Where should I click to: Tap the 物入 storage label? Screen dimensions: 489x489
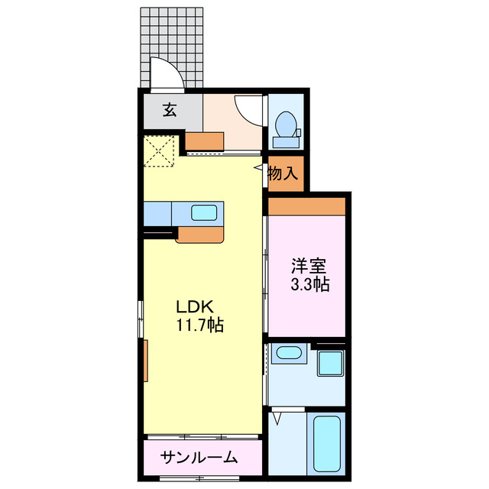click(283, 173)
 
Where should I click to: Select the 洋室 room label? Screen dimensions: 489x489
click(309, 267)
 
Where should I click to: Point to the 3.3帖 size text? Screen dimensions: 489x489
click(309, 285)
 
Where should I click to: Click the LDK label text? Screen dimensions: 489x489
click(193, 307)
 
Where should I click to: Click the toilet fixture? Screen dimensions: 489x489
click(286, 127)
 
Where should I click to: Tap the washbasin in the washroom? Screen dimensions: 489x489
click(288, 353)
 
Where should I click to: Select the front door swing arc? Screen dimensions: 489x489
click(165, 74)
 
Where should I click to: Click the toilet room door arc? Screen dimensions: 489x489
click(248, 109)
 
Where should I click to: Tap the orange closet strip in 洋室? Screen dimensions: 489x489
click(306, 206)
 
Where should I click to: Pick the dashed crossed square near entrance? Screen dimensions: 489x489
click(160, 150)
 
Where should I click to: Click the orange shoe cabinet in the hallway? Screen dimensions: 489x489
click(206, 141)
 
